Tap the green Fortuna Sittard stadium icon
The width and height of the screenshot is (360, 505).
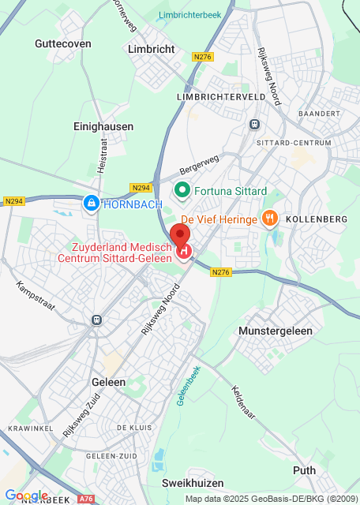tap(182, 190)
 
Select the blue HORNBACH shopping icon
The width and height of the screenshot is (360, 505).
tap(92, 204)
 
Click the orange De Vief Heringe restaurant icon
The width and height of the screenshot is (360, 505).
tap(270, 218)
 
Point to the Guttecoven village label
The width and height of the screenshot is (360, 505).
tap(63, 44)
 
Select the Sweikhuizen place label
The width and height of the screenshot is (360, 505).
tap(193, 483)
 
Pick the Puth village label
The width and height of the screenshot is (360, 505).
tap(304, 470)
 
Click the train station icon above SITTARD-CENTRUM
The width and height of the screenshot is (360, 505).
tap(254, 124)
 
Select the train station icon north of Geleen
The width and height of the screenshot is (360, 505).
tap(96, 320)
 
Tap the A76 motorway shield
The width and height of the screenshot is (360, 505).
tap(87, 499)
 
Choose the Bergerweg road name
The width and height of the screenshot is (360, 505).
tap(197, 164)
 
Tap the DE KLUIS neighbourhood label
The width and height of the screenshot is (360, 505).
tap(133, 427)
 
